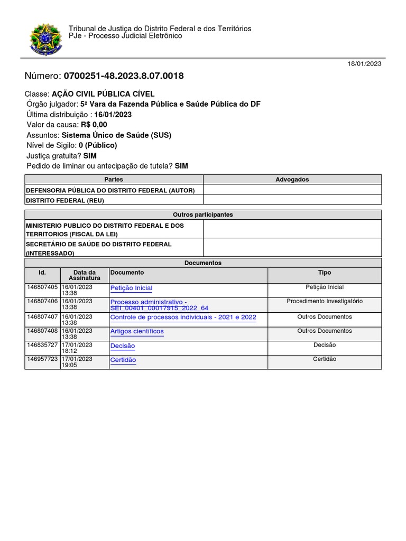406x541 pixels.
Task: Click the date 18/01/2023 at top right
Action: pos(364,63)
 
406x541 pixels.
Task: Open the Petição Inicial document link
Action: pos(131,288)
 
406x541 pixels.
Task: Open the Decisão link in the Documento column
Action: pos(123,346)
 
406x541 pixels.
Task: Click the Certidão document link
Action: pos(123,360)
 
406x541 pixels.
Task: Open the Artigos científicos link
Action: pos(137,331)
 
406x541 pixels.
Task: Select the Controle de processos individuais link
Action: pos(183,317)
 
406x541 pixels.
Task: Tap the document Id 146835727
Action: pos(42,345)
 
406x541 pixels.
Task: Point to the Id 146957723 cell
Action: pos(42,359)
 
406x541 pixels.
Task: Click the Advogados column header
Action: pos(292,180)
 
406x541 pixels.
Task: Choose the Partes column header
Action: pos(114,180)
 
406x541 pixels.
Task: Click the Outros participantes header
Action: pos(203,214)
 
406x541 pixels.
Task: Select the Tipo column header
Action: pos(325,273)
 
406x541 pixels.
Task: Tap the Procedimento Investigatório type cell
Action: pos(325,301)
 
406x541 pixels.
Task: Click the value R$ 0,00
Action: pos(94,125)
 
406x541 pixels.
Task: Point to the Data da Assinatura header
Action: pos(85,275)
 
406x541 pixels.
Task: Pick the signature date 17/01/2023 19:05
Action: pos(77,362)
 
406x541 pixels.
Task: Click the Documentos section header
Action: pos(203,263)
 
